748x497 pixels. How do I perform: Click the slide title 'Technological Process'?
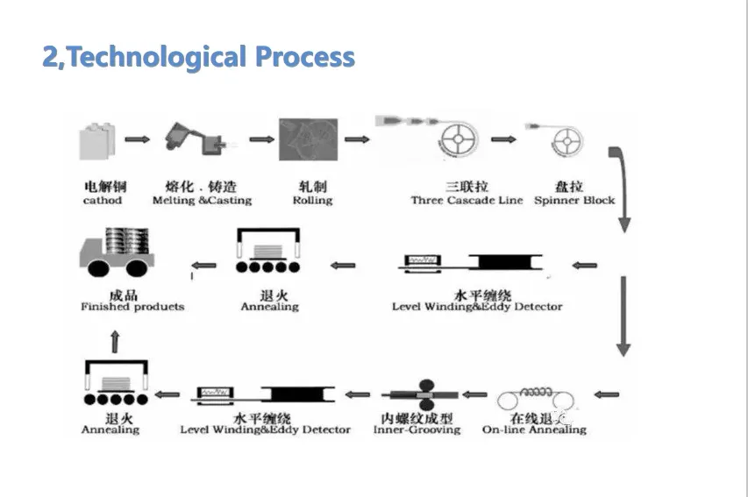(199, 57)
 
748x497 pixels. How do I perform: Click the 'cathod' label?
(103, 201)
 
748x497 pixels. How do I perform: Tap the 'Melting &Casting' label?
(202, 201)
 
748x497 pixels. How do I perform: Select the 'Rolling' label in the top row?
(312, 201)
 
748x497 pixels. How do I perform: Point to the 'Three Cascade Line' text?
(467, 201)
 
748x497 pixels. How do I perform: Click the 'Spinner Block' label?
(574, 201)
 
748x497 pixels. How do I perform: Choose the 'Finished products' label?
(132, 308)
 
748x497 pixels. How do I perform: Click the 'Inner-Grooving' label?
(417, 430)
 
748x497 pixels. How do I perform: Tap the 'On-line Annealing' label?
(534, 430)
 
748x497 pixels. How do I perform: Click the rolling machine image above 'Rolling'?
(302, 141)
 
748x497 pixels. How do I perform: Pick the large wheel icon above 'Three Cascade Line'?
(462, 141)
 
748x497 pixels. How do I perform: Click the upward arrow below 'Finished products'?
(115, 340)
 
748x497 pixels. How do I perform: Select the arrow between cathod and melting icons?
(137, 139)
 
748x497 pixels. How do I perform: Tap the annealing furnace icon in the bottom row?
(113, 386)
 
